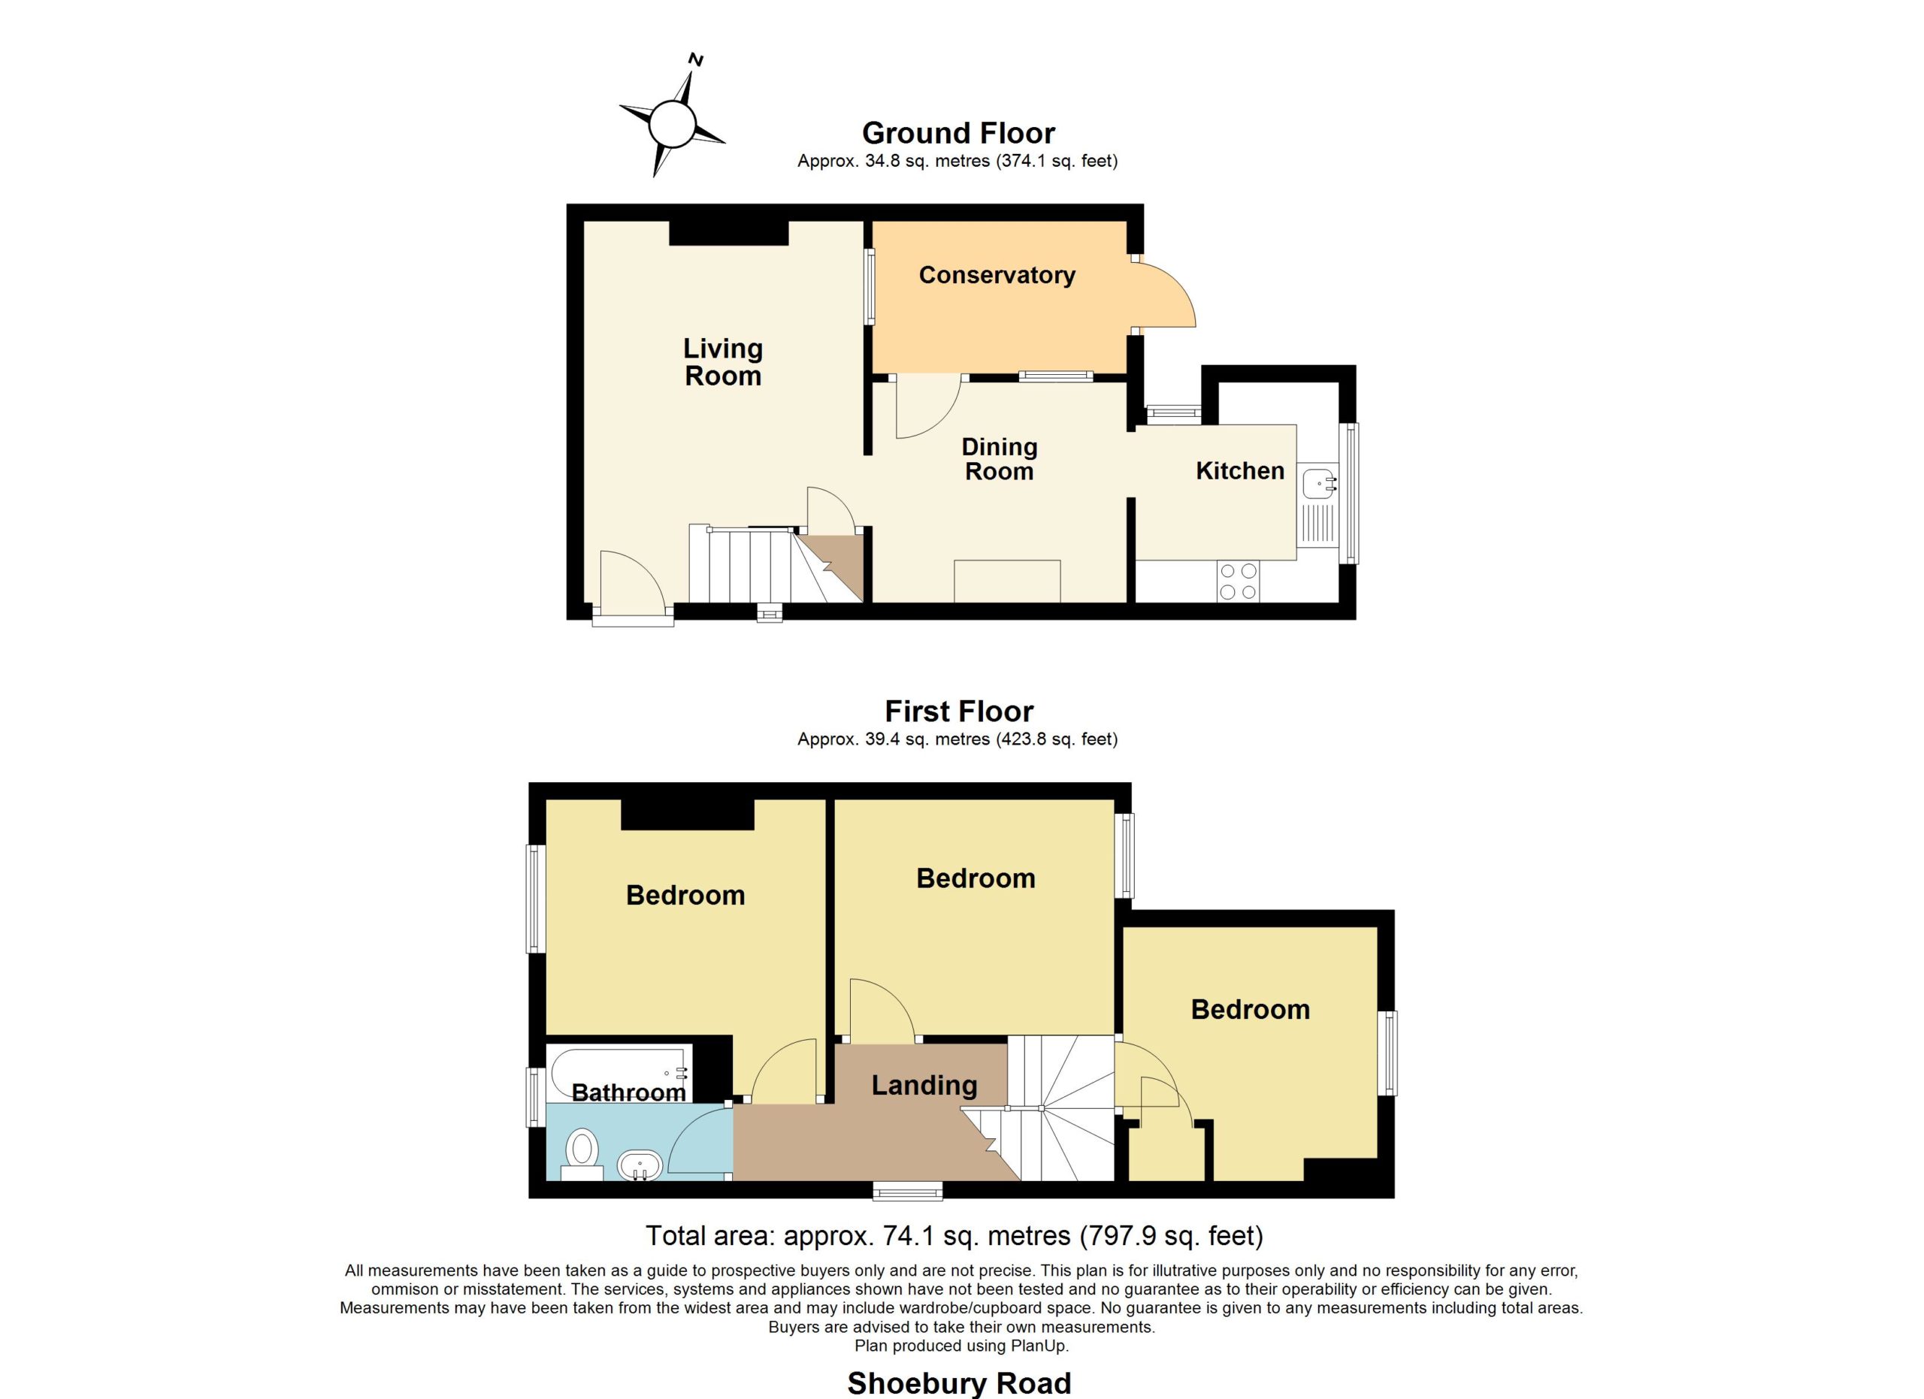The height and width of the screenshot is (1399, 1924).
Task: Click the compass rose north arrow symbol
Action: (672, 124)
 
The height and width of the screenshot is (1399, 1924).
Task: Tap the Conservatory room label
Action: (997, 275)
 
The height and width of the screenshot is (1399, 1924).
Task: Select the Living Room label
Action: (723, 362)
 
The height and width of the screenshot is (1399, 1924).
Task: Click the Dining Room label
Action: (1000, 459)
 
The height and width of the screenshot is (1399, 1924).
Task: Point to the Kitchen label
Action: (1240, 470)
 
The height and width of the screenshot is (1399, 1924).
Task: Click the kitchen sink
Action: (1318, 503)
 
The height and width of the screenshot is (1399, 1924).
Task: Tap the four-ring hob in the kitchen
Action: (1238, 582)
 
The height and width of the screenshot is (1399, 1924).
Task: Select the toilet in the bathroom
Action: (582, 1155)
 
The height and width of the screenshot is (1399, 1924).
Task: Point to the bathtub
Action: (619, 1074)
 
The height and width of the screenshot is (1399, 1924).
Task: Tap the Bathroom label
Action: (628, 1093)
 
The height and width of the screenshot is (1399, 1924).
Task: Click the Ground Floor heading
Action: (958, 133)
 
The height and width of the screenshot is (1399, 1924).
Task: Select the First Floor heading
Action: (960, 712)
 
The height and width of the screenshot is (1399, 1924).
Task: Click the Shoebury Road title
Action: (960, 1384)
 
